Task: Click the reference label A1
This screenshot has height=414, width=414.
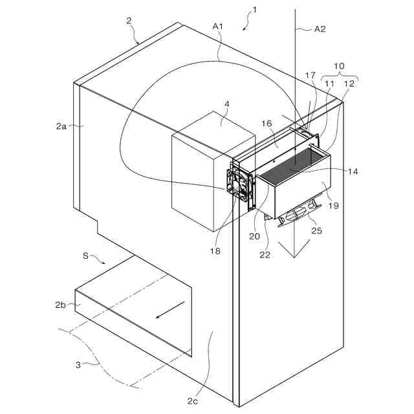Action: click(x=217, y=26)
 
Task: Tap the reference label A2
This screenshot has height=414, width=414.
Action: click(x=320, y=29)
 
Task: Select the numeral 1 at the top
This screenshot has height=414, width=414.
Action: click(x=255, y=10)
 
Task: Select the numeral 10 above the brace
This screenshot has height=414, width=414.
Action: click(x=339, y=67)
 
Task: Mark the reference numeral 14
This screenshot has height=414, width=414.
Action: click(x=352, y=171)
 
